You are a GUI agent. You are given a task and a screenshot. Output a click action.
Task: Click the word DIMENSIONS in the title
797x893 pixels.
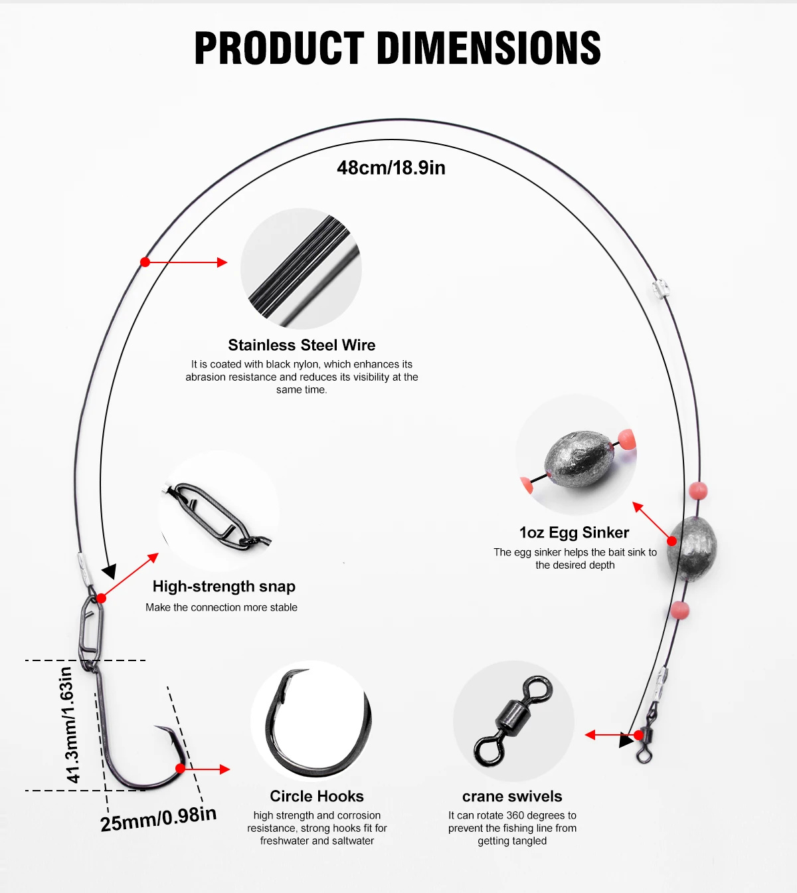[x=489, y=49]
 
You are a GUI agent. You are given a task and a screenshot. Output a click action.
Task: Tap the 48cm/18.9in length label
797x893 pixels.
[x=391, y=167]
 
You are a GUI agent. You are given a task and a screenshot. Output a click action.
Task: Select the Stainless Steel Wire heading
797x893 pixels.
[x=302, y=345]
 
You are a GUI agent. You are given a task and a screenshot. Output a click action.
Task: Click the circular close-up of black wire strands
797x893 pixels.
[x=301, y=268]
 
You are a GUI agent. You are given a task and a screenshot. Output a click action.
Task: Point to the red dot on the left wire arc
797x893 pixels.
[x=145, y=262]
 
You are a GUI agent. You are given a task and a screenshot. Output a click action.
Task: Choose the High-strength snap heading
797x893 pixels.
[x=224, y=586]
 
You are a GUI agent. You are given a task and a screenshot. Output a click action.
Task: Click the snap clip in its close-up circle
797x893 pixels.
[x=216, y=516]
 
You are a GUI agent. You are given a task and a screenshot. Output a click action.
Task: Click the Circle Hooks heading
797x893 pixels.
[x=317, y=796]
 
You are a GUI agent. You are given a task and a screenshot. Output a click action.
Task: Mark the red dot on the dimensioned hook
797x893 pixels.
[x=180, y=769]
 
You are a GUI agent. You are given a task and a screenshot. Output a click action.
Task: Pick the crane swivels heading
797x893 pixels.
[x=512, y=796]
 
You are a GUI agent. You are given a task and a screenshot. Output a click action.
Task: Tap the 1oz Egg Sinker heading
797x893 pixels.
[x=574, y=532]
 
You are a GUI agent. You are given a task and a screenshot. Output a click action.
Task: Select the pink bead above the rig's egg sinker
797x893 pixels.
[x=698, y=491]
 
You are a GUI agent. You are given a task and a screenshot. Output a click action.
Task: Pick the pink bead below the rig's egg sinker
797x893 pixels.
[x=680, y=610]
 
